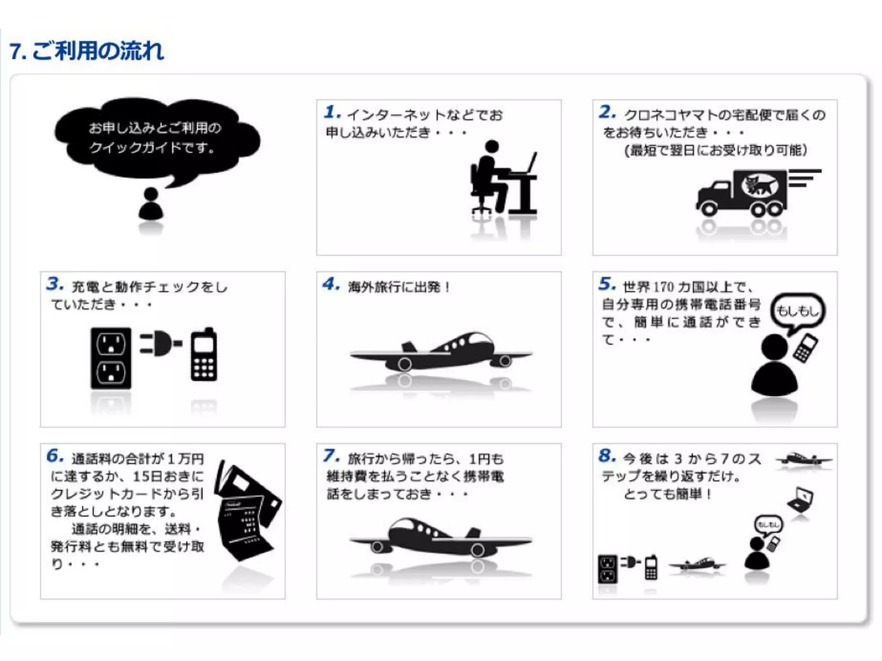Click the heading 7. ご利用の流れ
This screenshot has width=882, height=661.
coord(86,51)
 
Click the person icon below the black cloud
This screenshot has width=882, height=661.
coord(151,204)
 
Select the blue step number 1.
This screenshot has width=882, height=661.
coord(332,112)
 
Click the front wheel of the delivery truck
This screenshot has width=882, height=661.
coord(708,209)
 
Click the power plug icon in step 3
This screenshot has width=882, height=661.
coord(160,343)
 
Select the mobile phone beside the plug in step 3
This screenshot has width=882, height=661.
coord(204,355)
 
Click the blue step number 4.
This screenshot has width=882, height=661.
coord(331,284)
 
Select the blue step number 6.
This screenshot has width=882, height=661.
coord(55,456)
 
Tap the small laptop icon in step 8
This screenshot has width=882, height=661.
coord(801,499)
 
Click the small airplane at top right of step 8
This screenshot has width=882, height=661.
coord(803,459)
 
